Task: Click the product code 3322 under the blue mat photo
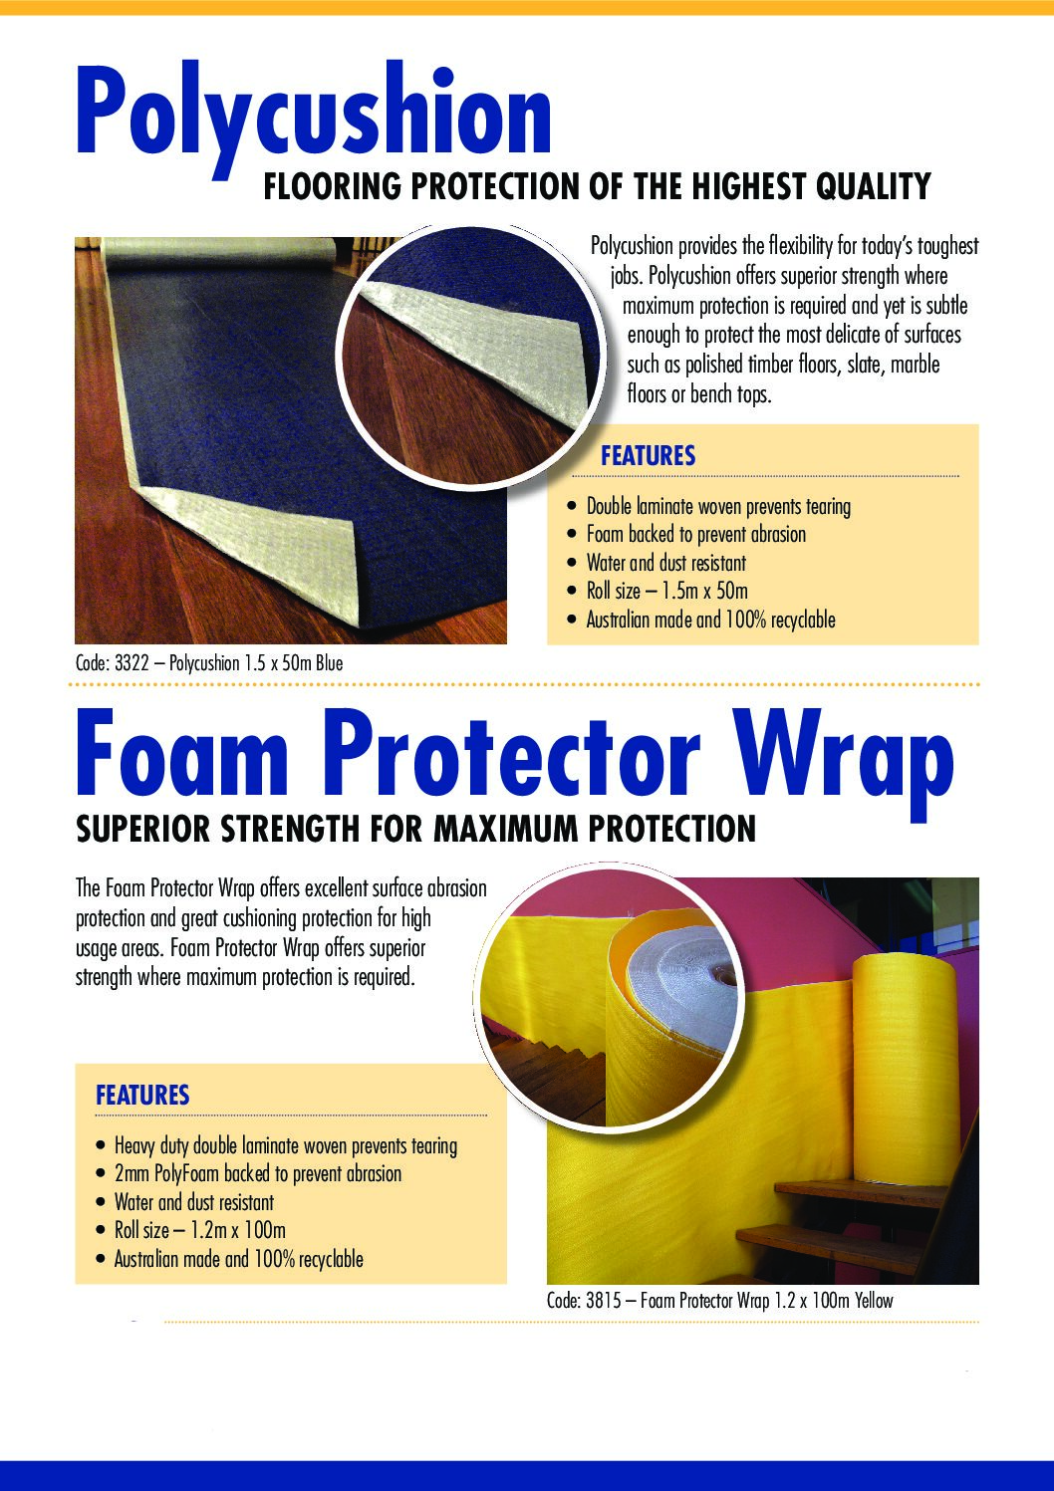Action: (132, 663)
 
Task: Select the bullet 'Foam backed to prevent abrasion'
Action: (695, 534)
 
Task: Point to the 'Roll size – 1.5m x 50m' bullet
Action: (667, 591)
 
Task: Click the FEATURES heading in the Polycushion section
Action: (648, 456)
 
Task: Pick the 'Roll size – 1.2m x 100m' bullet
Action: (200, 1229)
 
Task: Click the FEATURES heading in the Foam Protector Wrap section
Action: (142, 1095)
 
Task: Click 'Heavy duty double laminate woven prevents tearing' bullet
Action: (286, 1145)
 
